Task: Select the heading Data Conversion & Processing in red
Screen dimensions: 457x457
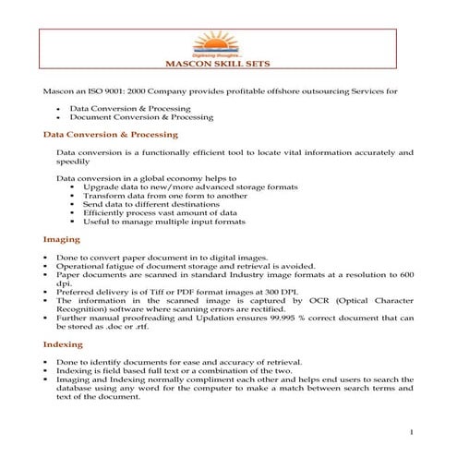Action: [111, 135]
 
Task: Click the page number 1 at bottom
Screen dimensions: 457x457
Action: [410, 432]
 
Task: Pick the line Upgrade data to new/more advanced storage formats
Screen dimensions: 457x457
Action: [190, 186]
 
